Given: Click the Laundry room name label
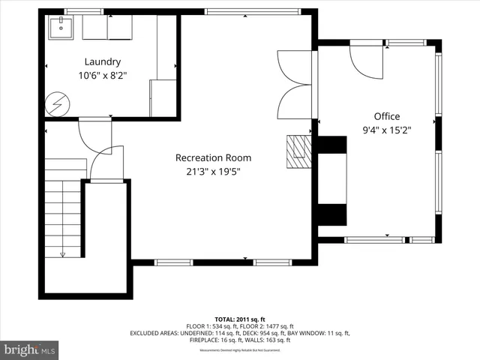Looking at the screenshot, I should click(x=103, y=61).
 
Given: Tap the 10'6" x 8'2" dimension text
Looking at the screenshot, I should click(x=103, y=75).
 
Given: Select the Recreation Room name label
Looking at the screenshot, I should click(x=213, y=158).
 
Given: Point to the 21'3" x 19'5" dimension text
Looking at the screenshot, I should click(x=213, y=172).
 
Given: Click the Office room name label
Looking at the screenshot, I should click(x=387, y=116).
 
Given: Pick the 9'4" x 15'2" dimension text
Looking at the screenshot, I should click(x=387, y=130).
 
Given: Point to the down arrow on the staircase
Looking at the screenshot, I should click(x=63, y=253).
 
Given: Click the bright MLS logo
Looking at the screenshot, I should click(x=29, y=349).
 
